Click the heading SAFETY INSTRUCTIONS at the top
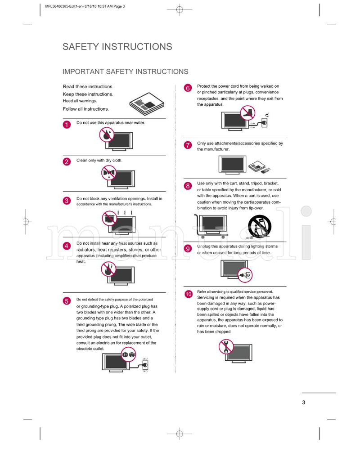coord(117,47)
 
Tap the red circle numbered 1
coord(66,125)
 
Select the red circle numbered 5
coord(66,301)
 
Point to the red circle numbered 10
coord(189,294)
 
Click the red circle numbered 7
coord(188,145)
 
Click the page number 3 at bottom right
coord(304,402)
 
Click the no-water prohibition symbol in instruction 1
coord(107,134)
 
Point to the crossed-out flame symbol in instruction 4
coord(108,270)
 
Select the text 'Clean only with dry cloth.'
coord(99,160)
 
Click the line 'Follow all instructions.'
coord(85,109)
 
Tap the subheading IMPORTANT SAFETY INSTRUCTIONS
coord(125,72)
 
